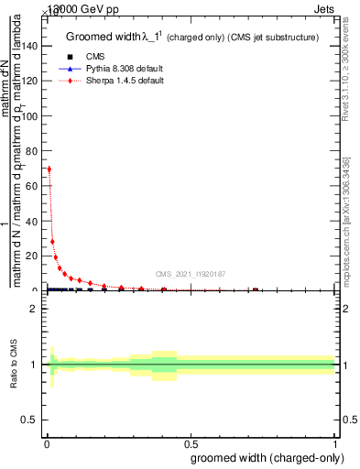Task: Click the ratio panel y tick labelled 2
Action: [x=35, y=309]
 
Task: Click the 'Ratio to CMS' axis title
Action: [x=15, y=365]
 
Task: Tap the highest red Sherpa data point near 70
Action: [x=49, y=169]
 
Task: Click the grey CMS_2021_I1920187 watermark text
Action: [x=190, y=274]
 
